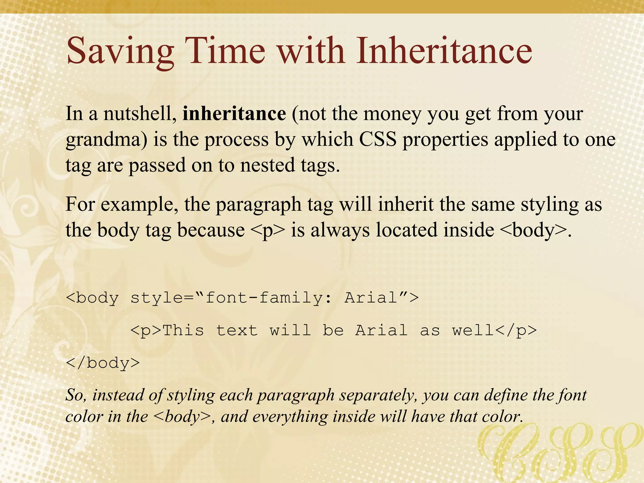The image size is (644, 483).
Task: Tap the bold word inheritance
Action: click(234, 114)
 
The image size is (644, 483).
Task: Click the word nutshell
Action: click(140, 114)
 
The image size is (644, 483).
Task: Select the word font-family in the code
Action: click(264, 297)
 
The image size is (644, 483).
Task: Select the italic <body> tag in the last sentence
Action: click(182, 417)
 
